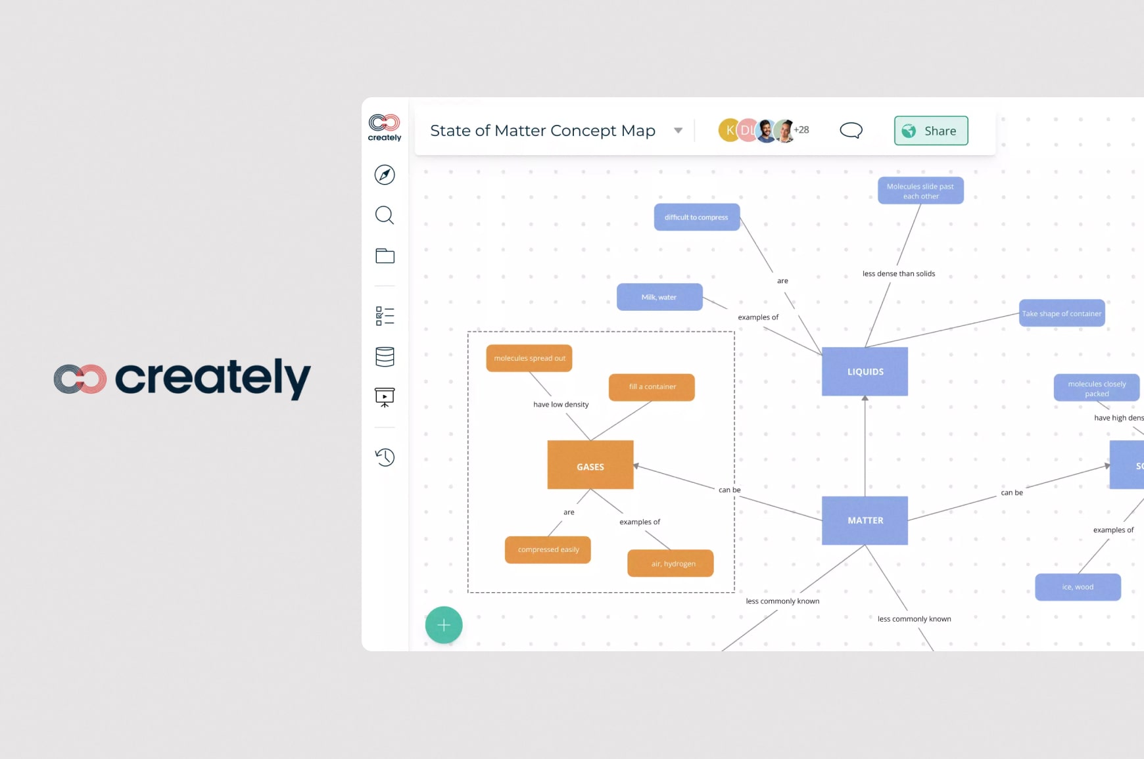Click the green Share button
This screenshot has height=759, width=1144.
pos(930,131)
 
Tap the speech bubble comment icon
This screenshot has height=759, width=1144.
pos(851,130)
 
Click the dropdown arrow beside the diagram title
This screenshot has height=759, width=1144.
pos(678,131)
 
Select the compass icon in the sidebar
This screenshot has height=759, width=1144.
pos(385,175)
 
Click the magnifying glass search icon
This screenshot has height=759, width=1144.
pos(385,216)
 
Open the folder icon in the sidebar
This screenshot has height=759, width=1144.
pos(385,256)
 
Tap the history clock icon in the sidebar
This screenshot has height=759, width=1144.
pos(385,457)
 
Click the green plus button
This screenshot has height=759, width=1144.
pos(444,625)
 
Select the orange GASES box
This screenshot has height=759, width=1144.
pos(590,465)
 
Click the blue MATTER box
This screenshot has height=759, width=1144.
pos(865,520)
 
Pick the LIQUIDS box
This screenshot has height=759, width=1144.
pos(865,371)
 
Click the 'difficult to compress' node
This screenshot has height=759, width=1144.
pos(696,218)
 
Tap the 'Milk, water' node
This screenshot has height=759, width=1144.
pos(659,297)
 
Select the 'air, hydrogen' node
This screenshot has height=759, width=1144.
pos(671,564)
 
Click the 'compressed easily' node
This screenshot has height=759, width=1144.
pos(548,550)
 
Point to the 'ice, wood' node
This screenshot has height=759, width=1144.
pos(1078,587)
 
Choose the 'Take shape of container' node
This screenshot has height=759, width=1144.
pos(1061,313)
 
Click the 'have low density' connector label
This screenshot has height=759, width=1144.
pos(561,405)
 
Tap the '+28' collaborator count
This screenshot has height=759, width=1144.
pos(801,130)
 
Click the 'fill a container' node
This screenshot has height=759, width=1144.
pos(652,387)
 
